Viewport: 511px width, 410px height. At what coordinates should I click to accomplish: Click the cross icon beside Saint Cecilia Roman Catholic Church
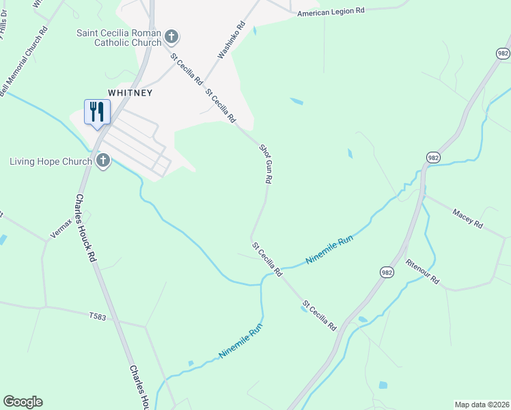point(171,36)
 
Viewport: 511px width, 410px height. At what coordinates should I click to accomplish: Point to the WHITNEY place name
point(129,92)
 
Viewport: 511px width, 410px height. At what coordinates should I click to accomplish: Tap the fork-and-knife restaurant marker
point(96,111)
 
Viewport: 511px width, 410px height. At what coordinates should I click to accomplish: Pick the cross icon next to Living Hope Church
point(103,161)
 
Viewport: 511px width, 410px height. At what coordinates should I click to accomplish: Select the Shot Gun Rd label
point(266,163)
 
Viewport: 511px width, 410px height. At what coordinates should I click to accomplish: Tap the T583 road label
point(99,316)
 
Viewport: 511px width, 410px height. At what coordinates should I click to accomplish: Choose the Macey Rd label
point(467,219)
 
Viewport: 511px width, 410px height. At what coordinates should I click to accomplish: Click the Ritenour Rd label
point(422,272)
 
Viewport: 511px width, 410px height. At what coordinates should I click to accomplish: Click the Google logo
point(23,402)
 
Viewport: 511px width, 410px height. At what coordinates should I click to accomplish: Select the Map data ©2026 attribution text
point(482,404)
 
